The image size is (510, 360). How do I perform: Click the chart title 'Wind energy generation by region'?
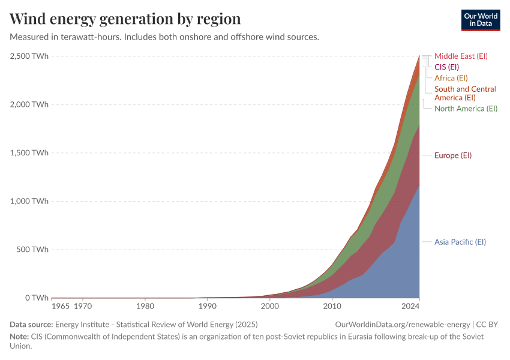tap(125, 19)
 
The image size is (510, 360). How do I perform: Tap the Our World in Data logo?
tap(480, 20)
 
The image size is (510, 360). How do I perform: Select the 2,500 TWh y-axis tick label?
tap(29, 56)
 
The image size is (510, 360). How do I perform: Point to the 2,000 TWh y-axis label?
tap(29, 104)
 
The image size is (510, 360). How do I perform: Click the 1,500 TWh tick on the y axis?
tap(29, 153)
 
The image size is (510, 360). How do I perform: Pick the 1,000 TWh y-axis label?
tap(29, 201)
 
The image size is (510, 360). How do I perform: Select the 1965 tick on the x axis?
tap(60, 307)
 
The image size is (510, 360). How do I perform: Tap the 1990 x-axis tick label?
tap(208, 307)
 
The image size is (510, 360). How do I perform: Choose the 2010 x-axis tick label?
tap(332, 307)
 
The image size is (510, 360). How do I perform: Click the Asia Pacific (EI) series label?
tap(460, 242)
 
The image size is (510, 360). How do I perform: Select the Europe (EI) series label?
tap(453, 155)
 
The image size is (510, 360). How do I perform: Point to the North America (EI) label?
tap(466, 109)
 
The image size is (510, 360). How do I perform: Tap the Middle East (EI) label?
tap(461, 56)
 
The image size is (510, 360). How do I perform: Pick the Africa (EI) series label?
tap(451, 78)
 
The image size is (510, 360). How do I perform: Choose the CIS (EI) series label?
tap(446, 67)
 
